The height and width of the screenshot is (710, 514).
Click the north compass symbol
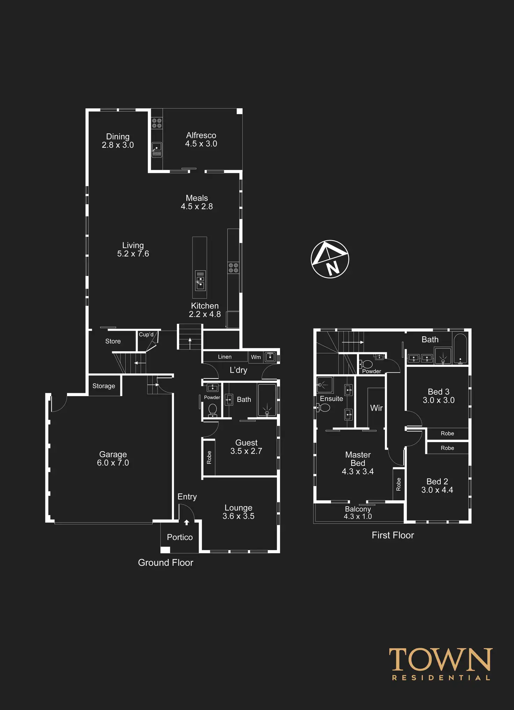coord(330,259)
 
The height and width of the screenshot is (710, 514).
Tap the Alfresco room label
coord(201,139)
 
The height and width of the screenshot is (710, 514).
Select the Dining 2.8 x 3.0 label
coord(118,141)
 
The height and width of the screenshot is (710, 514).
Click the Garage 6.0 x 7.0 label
coord(113,459)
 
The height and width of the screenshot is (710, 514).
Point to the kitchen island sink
coord(200,281)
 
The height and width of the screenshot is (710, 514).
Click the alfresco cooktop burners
coord(157,123)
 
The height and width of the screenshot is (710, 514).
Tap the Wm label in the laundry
coord(256,357)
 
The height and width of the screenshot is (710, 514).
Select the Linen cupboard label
coord(225,357)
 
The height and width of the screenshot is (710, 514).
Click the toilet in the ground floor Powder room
coord(212,409)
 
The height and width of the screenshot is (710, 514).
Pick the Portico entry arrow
coord(186,522)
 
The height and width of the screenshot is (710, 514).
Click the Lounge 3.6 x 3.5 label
coord(238,512)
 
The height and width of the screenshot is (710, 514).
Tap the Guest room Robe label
coord(209,457)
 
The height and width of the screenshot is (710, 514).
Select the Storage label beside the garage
coord(104,386)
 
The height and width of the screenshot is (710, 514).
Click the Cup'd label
coord(146,335)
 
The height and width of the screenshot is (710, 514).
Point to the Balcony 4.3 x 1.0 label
coord(358,513)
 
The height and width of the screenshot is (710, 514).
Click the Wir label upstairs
coord(376,408)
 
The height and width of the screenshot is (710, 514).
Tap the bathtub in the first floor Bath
coord(460,349)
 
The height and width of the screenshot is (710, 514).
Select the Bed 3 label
coord(439,396)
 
